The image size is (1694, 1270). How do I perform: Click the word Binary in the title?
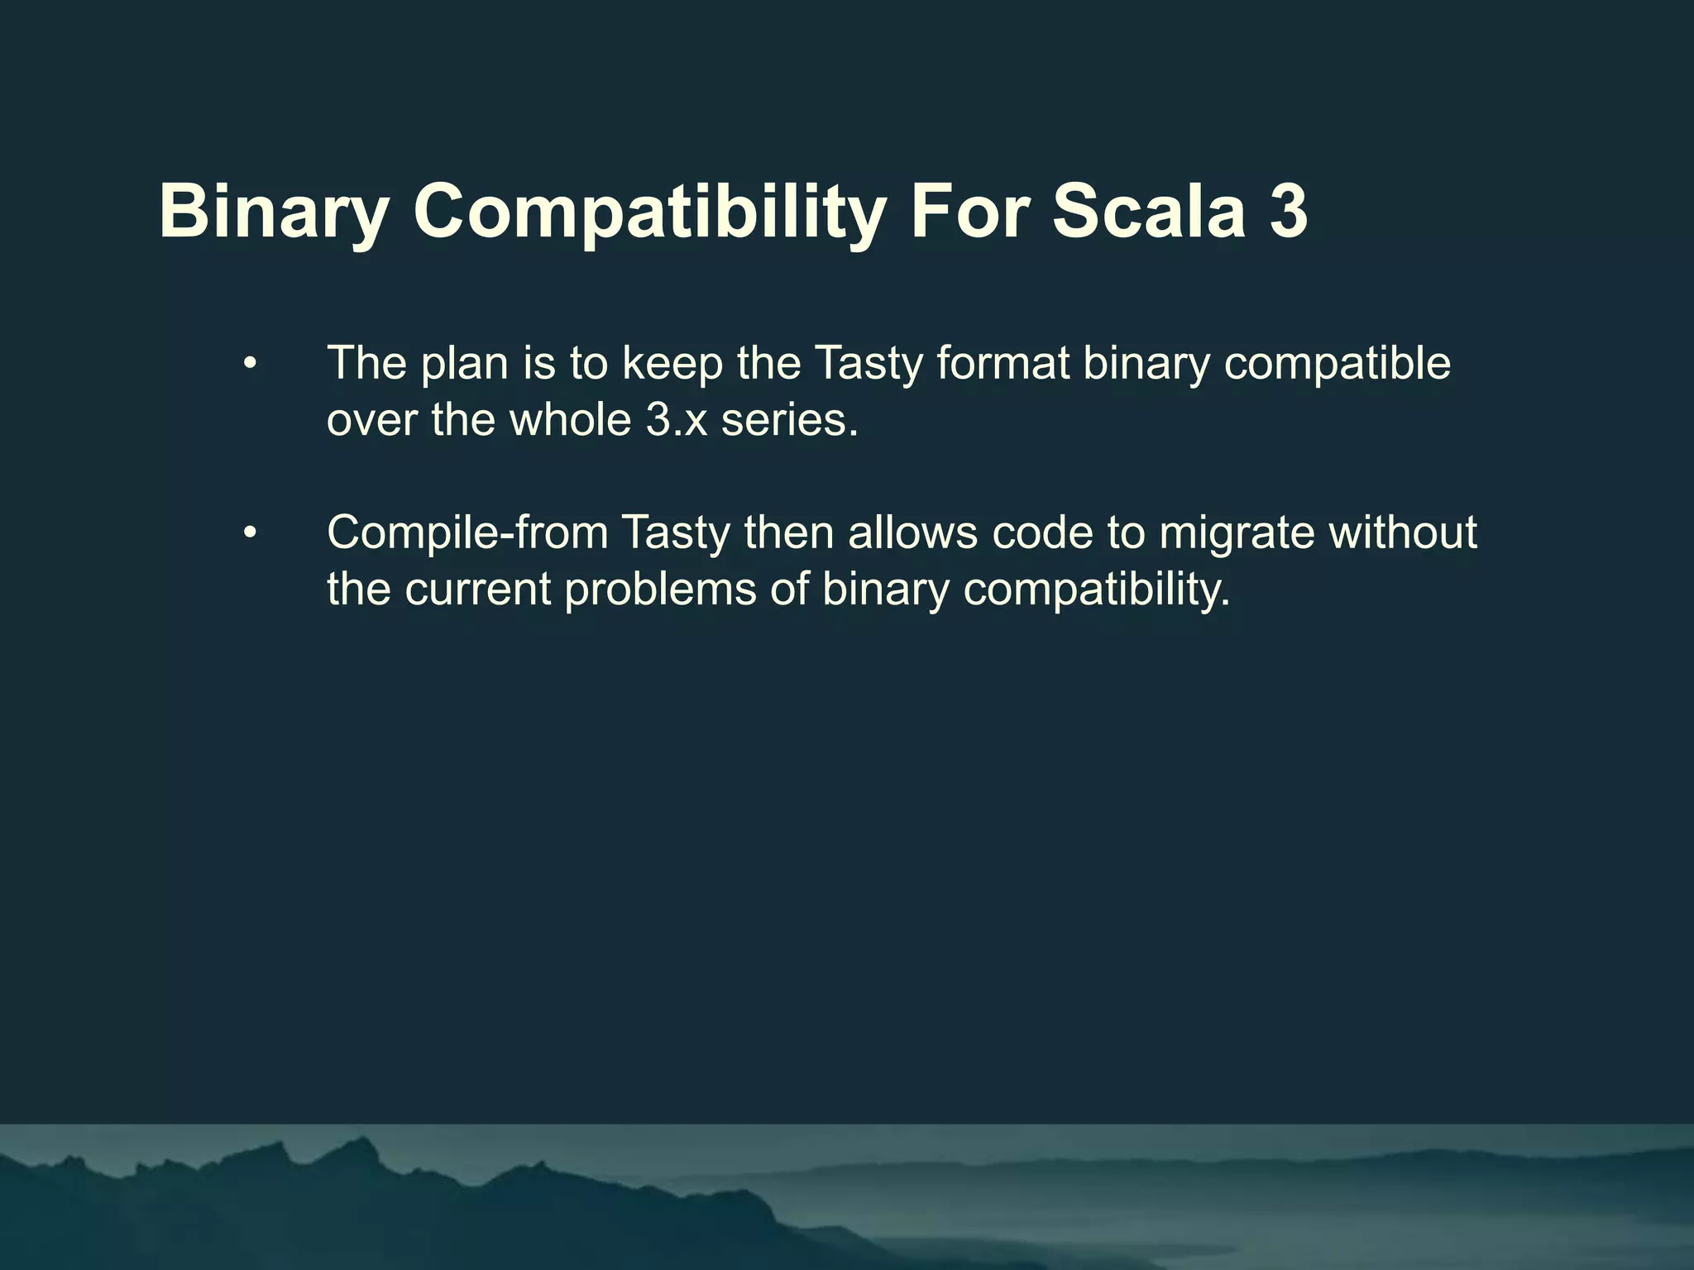(274, 212)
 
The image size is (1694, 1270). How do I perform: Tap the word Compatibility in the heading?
(650, 212)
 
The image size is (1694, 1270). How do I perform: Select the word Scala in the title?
(1149, 212)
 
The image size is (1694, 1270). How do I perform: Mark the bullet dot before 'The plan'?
(251, 364)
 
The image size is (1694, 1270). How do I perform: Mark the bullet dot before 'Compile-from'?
(251, 533)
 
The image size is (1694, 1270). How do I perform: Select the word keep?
(672, 364)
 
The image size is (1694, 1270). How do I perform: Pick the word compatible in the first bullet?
(1337, 364)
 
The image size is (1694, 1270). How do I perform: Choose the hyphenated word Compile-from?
(468, 533)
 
